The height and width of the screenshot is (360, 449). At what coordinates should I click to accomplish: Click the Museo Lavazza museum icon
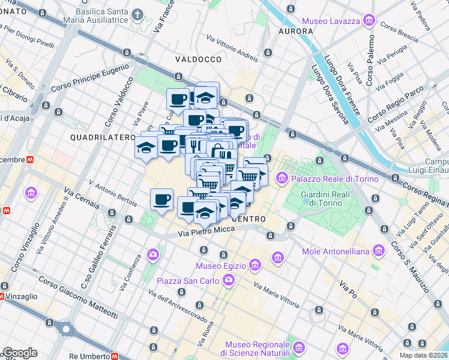click(369, 22)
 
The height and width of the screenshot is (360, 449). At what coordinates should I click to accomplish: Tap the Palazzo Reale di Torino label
click(335, 179)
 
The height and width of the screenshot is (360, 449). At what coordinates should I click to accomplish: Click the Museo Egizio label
click(222, 265)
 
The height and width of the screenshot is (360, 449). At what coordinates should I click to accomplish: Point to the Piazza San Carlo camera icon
click(229, 280)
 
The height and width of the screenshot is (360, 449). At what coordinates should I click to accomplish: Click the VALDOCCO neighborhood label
click(199, 59)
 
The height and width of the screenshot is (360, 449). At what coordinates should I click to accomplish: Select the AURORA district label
click(296, 31)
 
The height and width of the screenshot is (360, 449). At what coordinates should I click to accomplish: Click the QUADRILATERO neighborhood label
click(102, 137)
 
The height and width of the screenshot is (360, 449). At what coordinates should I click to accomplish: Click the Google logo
click(20, 353)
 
